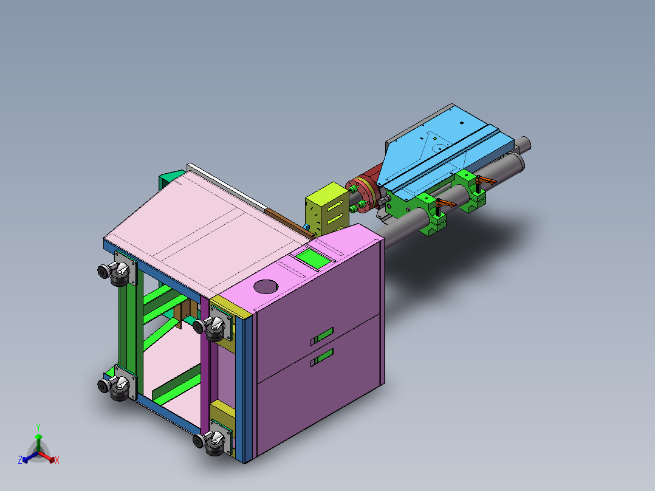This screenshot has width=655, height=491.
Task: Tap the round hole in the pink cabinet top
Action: point(266,287)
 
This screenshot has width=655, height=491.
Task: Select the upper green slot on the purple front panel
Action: point(321,337)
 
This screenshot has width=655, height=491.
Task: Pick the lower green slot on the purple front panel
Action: point(321,357)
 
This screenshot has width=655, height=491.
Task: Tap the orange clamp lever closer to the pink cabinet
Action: point(446,204)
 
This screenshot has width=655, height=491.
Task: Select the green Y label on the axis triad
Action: point(38,427)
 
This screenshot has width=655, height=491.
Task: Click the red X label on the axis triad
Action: point(57,460)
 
